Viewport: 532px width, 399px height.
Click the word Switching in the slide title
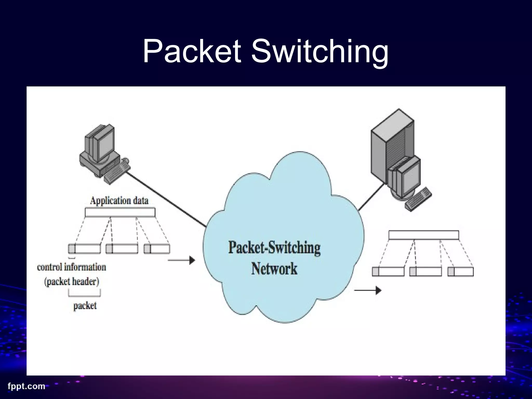320,52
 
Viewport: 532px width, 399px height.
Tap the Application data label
119,201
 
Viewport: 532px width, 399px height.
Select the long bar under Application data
120,212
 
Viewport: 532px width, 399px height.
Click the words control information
72,267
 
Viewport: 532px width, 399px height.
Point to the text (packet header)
72,282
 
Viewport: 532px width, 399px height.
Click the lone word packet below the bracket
85,305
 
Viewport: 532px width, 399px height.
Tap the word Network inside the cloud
274,269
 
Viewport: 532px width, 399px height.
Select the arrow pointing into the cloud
182,260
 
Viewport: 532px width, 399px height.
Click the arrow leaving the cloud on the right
368,290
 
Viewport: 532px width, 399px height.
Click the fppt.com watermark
26,386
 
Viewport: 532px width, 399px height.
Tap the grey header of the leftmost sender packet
72,249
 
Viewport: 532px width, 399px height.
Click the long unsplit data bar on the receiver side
424,235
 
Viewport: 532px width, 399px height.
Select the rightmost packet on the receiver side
461,272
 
